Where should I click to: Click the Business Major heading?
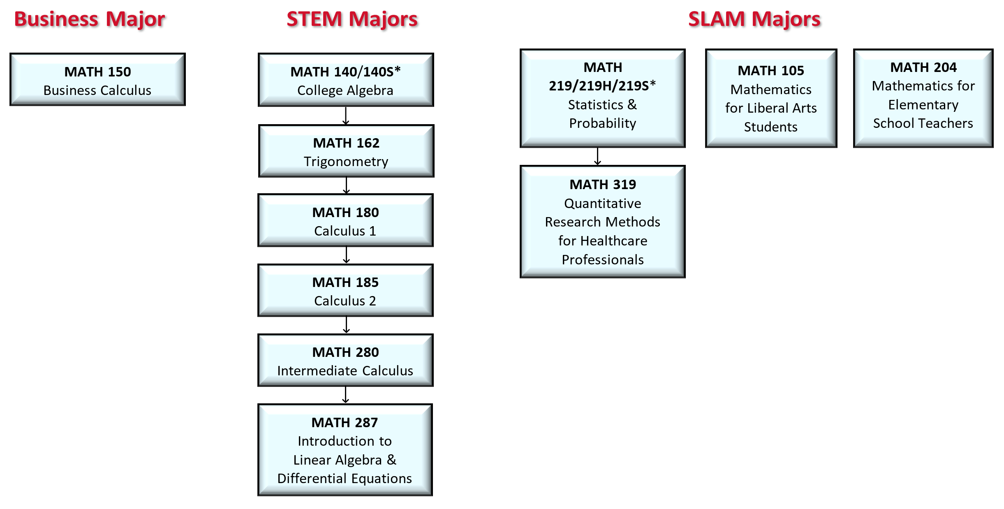[90, 19]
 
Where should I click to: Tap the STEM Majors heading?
[352, 19]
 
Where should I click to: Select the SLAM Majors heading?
[754, 19]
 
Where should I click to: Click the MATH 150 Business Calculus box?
[98, 80]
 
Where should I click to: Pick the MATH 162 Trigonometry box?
[346, 151]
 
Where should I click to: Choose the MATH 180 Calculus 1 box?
[345, 221]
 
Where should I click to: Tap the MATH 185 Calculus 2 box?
[345, 291]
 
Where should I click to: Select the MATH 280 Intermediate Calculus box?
[345, 361]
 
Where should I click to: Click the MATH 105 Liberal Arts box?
[771, 98]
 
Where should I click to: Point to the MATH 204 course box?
[923, 98]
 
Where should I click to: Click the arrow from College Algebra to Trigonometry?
[346, 116]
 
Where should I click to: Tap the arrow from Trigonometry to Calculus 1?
[347, 185]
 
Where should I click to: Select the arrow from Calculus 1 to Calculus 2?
[347, 255]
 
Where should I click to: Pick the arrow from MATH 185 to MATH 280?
[347, 325]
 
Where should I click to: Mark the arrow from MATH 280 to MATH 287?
[346, 395]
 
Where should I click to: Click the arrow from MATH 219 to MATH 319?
[598, 157]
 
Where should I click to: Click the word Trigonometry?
[346, 162]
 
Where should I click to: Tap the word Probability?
[603, 123]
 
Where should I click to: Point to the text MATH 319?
[603, 185]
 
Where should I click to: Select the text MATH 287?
[345, 423]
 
